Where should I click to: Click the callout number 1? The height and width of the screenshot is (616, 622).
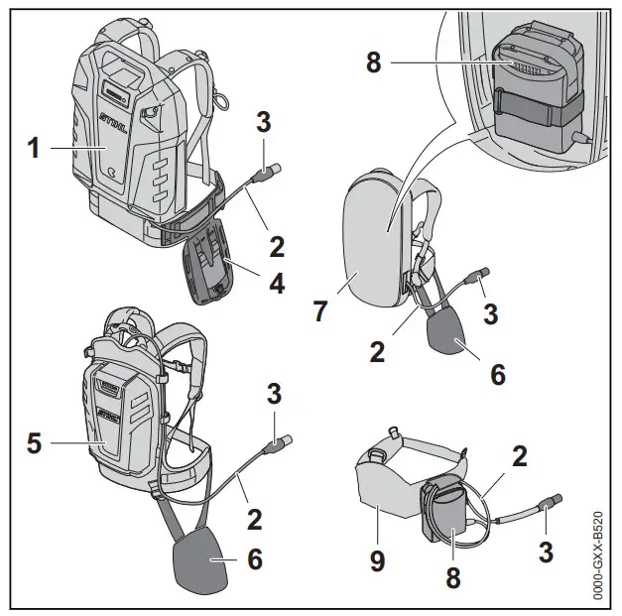pos(33,149)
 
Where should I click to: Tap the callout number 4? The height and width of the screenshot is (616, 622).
pos(277,283)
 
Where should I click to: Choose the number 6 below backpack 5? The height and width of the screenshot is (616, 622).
pos(254,558)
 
